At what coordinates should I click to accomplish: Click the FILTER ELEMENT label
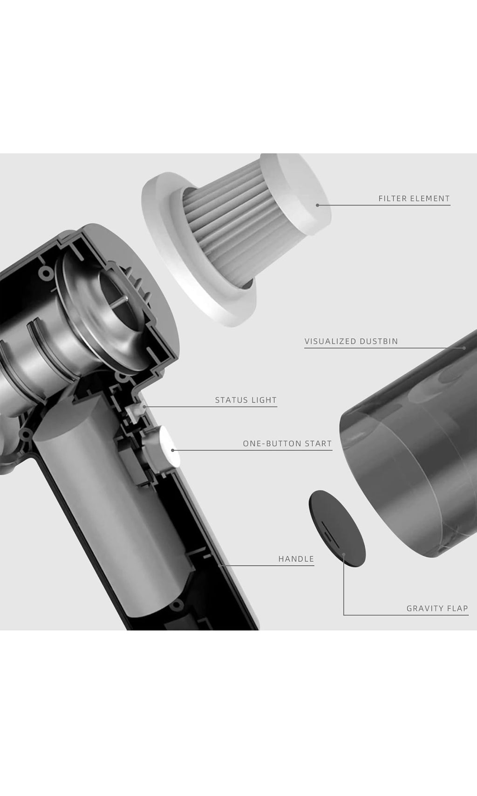[x=414, y=199]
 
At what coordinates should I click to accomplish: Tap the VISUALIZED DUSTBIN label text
[x=351, y=341]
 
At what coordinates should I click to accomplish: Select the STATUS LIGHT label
[x=245, y=400]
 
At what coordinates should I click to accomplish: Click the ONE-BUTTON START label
[x=287, y=443]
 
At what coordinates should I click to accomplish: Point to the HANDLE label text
[x=296, y=559]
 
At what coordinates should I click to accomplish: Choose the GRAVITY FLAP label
[x=437, y=608]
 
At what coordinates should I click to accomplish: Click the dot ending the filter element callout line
[x=318, y=205]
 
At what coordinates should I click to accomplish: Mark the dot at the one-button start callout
[x=173, y=450]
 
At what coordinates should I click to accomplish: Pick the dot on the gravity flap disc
[x=344, y=554]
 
